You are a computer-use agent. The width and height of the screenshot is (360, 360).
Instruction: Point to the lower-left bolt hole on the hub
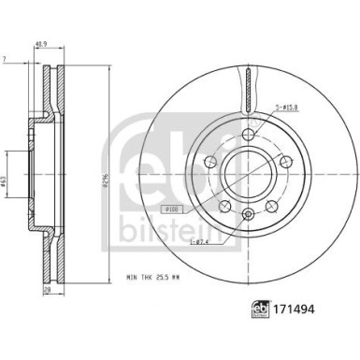point(223,205)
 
